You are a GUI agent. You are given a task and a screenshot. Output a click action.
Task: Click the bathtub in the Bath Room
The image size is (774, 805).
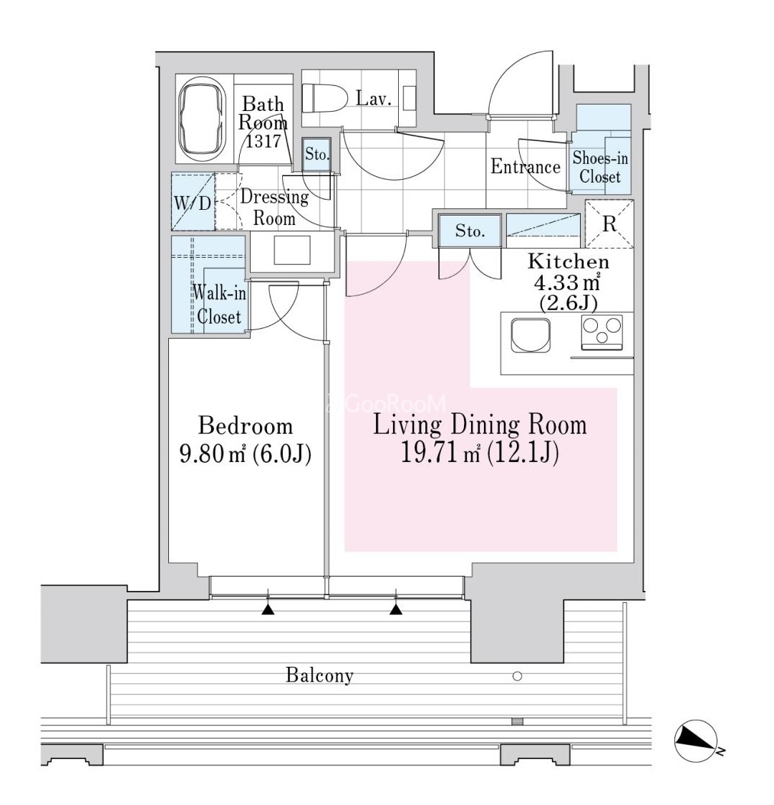click(x=203, y=119)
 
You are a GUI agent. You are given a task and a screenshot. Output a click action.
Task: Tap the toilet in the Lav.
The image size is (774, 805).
click(x=324, y=98)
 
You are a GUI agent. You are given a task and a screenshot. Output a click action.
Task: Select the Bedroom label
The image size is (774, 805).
click(x=246, y=426)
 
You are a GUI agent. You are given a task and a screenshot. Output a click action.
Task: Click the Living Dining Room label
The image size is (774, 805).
click(x=480, y=425)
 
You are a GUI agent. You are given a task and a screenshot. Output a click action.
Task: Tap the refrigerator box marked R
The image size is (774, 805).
click(x=610, y=224)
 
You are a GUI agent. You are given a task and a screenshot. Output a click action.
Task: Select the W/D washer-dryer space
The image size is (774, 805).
click(x=193, y=202)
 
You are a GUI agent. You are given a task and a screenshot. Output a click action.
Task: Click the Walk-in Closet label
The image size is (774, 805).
click(x=219, y=305)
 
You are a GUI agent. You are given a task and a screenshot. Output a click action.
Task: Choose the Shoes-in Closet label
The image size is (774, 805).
click(x=600, y=168)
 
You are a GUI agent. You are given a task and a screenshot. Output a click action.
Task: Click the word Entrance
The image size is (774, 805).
click(x=525, y=166)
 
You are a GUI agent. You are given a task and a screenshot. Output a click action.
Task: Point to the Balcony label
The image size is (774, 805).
click(x=319, y=675)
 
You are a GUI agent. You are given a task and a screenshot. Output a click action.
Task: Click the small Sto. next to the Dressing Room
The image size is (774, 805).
click(x=316, y=154)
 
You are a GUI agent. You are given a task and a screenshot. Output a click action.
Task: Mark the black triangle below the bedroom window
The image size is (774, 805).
click(x=268, y=609)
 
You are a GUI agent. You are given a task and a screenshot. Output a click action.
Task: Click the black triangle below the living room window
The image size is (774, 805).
click(x=396, y=609)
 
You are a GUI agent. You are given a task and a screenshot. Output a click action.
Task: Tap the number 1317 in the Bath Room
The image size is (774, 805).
click(x=263, y=140)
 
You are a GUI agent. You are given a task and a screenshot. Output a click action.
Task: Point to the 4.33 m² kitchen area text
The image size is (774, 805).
click(x=568, y=282)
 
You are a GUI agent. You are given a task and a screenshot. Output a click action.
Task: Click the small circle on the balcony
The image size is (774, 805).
click(x=518, y=676)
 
